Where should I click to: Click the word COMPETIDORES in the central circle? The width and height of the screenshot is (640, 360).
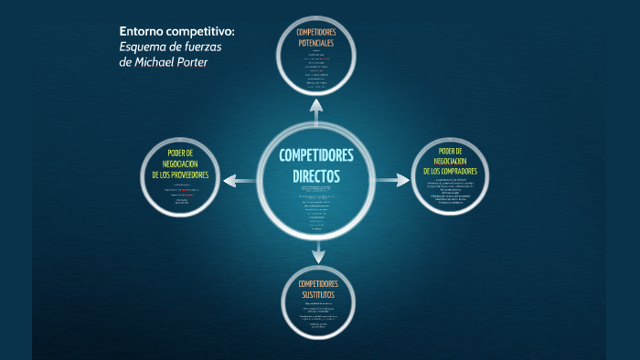(x=316, y=155)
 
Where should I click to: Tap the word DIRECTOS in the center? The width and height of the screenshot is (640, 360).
(x=316, y=174)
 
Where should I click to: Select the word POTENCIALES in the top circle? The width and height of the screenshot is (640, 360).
(x=315, y=43)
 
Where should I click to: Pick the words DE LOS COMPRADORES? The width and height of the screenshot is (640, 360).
(x=456, y=171)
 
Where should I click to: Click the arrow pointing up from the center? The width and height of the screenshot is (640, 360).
(x=316, y=108)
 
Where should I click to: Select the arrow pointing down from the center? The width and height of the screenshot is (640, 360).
(x=317, y=250)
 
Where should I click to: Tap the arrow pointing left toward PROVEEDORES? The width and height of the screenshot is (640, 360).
(x=240, y=180)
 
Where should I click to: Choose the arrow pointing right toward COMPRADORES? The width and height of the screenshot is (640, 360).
(x=393, y=180)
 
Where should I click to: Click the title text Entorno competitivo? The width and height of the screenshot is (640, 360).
(x=176, y=31)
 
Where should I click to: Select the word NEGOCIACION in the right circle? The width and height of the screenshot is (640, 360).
(x=456, y=160)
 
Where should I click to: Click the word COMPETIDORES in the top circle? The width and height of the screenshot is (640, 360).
(x=315, y=33)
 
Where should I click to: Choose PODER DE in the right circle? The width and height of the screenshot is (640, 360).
(x=456, y=150)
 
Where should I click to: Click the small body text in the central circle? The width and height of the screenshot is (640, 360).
(x=316, y=206)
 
